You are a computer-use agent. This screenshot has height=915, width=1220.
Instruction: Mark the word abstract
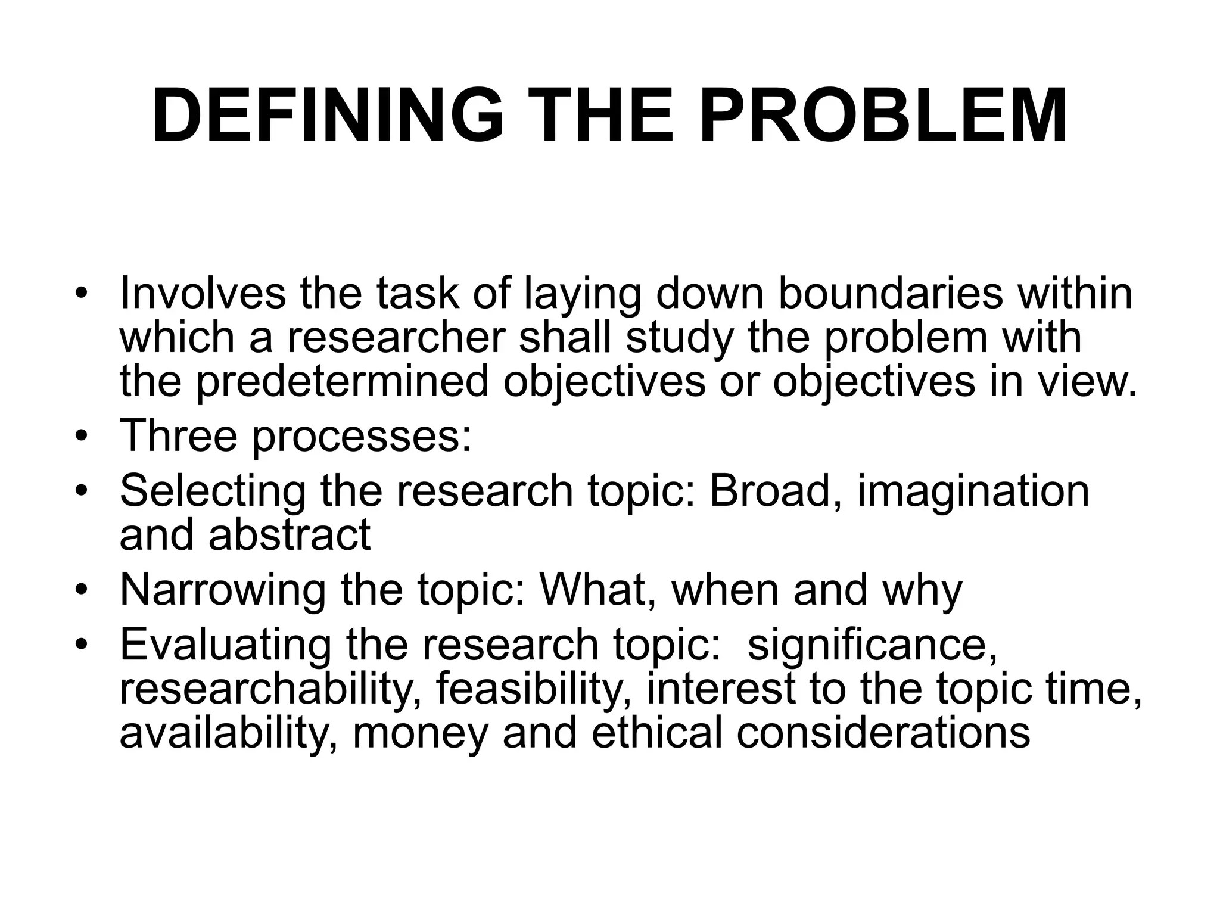coord(290,534)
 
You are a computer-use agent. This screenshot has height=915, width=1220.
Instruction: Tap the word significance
coord(873,645)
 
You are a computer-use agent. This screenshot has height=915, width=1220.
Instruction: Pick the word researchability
coord(270,689)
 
